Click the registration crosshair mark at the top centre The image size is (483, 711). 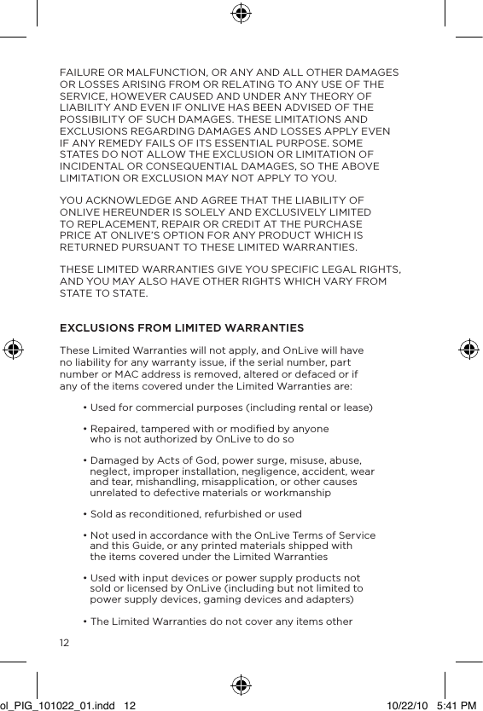click(x=241, y=13)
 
